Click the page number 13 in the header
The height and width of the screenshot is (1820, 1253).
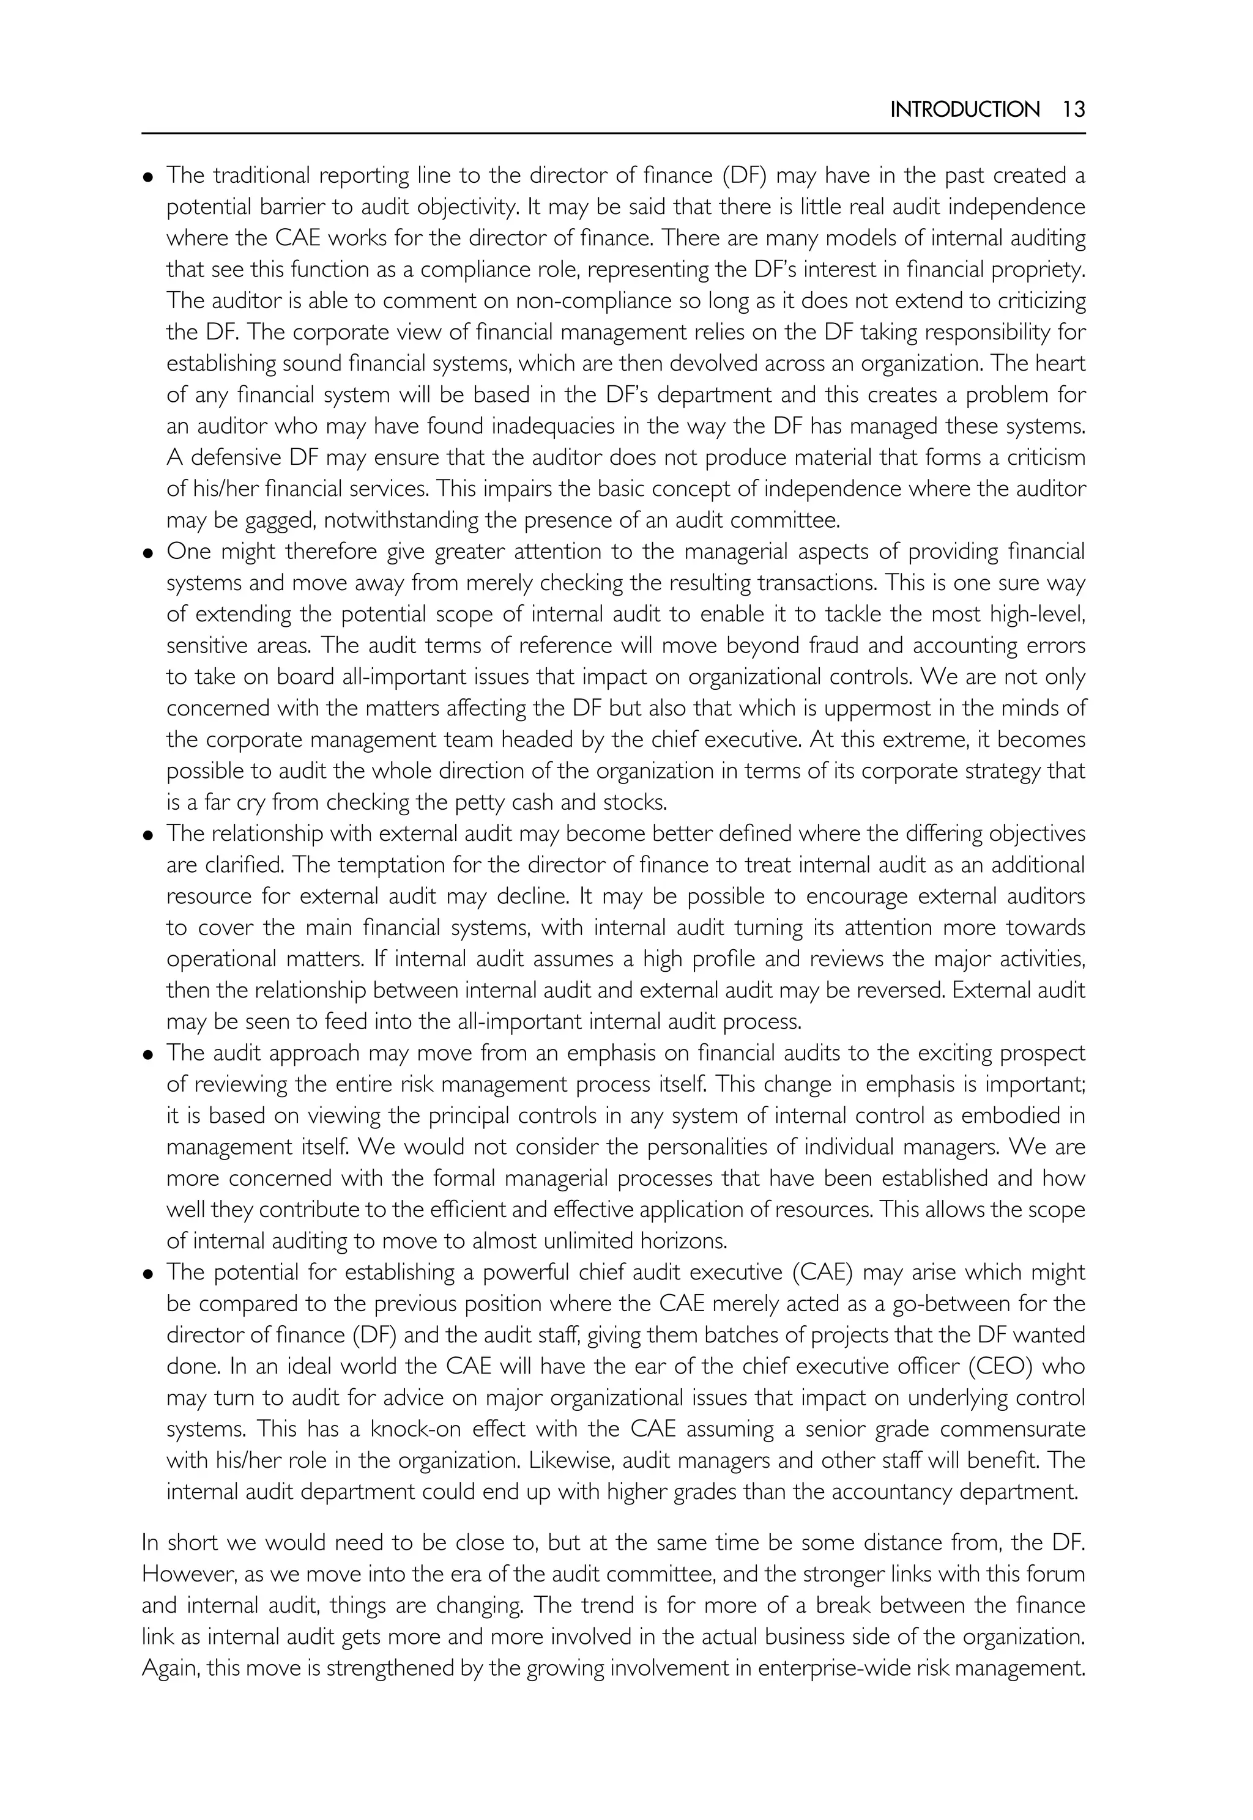[1073, 109]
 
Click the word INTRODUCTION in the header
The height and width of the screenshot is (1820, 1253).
[964, 109]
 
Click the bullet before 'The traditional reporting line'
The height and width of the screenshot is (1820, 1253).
[147, 177]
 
